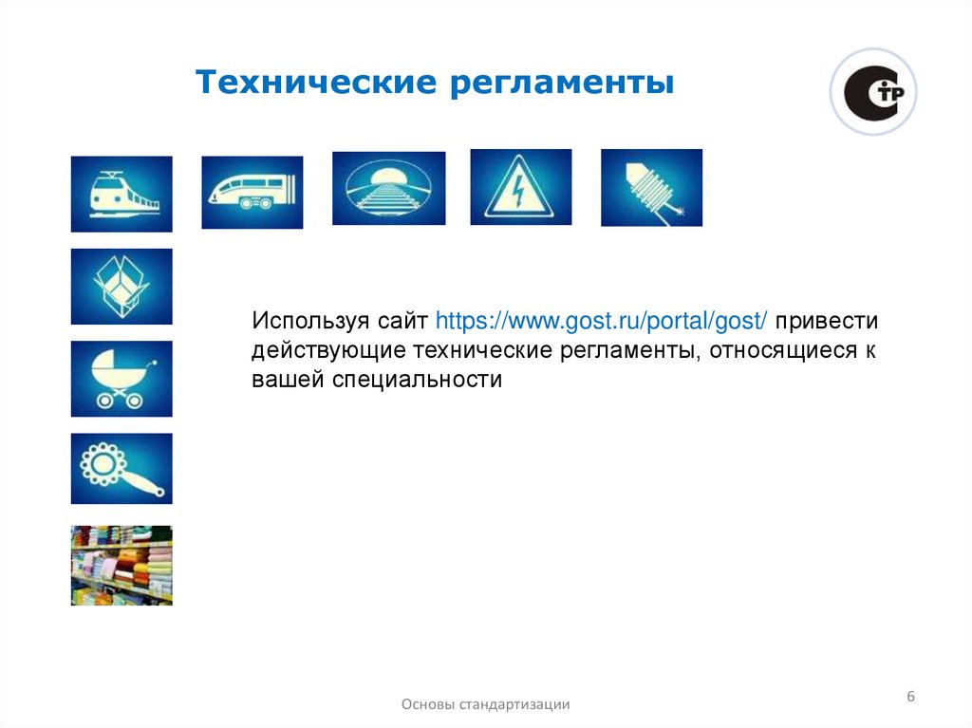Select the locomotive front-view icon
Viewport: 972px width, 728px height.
(121, 194)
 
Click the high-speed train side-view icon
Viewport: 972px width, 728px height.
(252, 193)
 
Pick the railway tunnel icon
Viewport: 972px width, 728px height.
(388, 188)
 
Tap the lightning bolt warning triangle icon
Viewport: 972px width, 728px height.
(520, 187)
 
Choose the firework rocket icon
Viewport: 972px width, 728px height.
(651, 187)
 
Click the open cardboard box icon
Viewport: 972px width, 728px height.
(121, 286)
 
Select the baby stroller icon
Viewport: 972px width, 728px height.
(121, 378)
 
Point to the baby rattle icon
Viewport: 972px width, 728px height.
(121, 469)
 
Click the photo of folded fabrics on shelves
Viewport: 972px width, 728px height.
(121, 565)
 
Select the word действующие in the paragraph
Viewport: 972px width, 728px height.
(328, 350)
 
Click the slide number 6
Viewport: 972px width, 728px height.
(910, 698)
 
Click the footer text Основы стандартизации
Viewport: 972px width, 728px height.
(486, 704)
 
